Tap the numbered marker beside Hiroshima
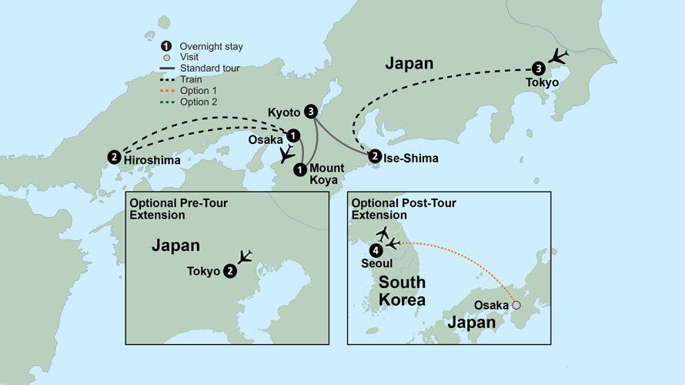[114, 157]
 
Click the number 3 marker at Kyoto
[310, 112]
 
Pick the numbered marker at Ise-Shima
[374, 156]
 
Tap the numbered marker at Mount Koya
[300, 169]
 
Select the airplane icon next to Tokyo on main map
[560, 57]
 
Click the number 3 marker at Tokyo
[538, 68]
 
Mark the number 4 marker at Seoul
[375, 249]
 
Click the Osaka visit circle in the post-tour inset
[516, 306]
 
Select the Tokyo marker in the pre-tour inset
[229, 271]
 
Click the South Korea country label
[401, 290]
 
